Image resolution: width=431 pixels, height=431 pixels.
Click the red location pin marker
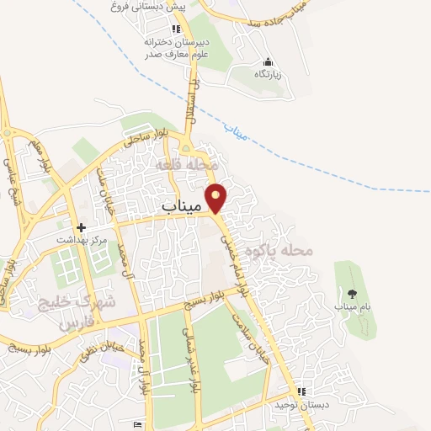click(217, 197)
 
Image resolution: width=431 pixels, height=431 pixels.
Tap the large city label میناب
click(182, 205)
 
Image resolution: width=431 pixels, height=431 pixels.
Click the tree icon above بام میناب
click(351, 293)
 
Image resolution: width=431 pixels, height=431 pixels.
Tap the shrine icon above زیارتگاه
click(268, 61)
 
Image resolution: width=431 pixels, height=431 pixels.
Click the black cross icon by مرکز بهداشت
click(82, 227)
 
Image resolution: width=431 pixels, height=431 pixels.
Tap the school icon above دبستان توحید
click(301, 391)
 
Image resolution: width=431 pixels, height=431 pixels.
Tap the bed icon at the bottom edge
click(138, 423)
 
